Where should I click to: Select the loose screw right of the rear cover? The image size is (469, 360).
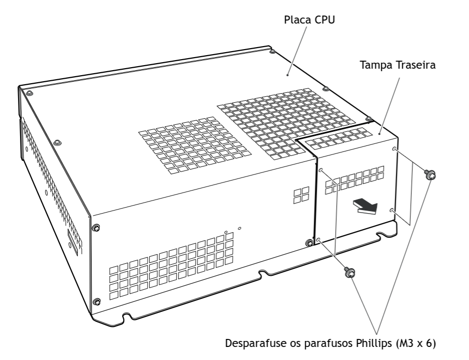[x=430, y=174]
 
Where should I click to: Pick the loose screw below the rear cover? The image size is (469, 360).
[x=350, y=272]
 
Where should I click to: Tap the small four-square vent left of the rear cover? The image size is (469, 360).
[x=301, y=195]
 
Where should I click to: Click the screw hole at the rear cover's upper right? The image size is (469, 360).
[x=394, y=149]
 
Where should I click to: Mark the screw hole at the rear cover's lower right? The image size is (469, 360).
[x=392, y=211]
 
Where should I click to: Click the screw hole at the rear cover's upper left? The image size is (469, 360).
[x=321, y=170]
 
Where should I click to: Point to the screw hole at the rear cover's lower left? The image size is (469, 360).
[x=319, y=240]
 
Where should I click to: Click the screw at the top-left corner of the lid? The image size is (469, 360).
[x=29, y=93]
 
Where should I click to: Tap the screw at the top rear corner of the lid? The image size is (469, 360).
[x=272, y=52]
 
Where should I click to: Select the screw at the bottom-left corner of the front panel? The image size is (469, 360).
[x=97, y=302]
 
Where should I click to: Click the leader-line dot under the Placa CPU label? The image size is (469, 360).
[x=288, y=75]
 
